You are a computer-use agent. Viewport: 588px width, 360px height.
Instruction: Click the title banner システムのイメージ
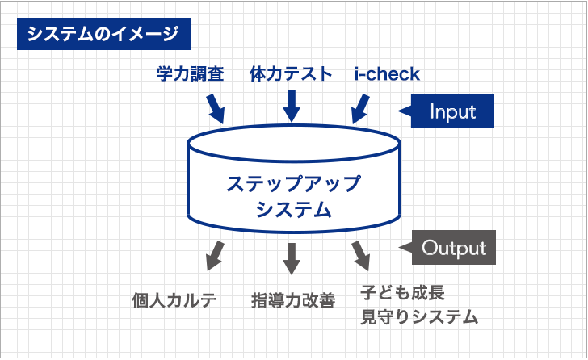[103, 34]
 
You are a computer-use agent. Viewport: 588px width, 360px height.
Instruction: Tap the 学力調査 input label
[191, 73]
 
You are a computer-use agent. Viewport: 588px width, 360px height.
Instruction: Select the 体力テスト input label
[291, 73]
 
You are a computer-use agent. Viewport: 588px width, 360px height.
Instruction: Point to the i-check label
[387, 73]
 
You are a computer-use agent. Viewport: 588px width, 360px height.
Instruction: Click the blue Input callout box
[452, 111]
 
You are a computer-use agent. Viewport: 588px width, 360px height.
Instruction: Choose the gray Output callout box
[453, 248]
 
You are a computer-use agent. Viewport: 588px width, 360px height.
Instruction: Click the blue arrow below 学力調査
[215, 109]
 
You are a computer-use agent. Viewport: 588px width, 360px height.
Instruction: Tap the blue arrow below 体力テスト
[292, 107]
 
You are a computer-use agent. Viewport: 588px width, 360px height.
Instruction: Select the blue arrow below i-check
[360, 109]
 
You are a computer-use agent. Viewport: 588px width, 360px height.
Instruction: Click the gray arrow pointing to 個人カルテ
[215, 256]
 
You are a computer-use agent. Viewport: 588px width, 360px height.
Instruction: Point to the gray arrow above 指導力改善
[292, 258]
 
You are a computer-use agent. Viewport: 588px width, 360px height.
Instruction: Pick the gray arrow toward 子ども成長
[361, 256]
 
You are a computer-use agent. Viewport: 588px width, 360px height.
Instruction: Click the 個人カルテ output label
[174, 300]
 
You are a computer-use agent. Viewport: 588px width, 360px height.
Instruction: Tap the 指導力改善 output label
[293, 300]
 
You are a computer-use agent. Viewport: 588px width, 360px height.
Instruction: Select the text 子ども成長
[403, 292]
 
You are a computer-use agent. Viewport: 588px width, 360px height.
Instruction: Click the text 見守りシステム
[419, 317]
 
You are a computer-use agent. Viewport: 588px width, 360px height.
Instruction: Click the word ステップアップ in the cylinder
[294, 183]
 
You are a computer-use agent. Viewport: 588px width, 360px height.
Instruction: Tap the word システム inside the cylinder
[294, 209]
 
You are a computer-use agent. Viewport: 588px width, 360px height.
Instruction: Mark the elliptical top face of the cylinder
[294, 125]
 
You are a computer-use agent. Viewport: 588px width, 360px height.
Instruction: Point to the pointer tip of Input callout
[398, 111]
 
